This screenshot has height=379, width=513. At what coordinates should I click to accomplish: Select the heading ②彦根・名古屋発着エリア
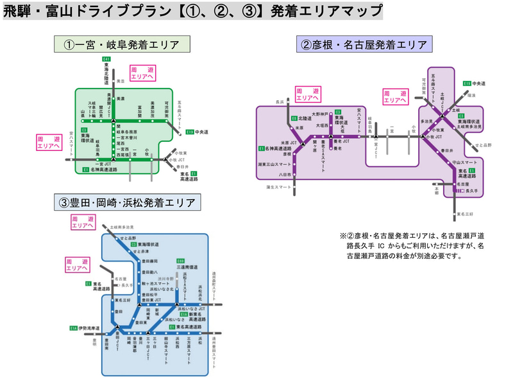[x=364, y=45]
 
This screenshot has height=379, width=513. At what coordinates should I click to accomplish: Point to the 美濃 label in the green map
[x=120, y=82]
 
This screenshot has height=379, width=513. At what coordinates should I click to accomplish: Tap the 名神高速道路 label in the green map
[x=104, y=170]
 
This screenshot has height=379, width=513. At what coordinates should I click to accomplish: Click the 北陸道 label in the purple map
[x=305, y=118]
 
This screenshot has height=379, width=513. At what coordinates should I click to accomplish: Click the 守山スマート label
[x=464, y=164]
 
